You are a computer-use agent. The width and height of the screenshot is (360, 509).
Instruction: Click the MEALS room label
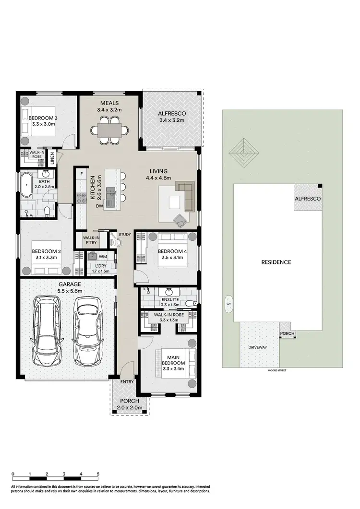(x=109, y=103)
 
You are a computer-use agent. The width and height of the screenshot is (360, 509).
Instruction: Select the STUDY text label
(x=124, y=234)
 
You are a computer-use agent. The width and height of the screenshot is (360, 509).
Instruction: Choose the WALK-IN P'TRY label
(x=91, y=240)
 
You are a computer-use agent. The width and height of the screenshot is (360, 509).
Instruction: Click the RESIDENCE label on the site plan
(x=276, y=262)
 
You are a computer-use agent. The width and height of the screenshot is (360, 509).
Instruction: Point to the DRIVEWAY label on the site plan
(x=258, y=347)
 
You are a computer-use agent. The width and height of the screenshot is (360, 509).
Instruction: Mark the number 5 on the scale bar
(x=98, y=473)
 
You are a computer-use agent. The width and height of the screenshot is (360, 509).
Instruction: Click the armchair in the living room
(x=180, y=220)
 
